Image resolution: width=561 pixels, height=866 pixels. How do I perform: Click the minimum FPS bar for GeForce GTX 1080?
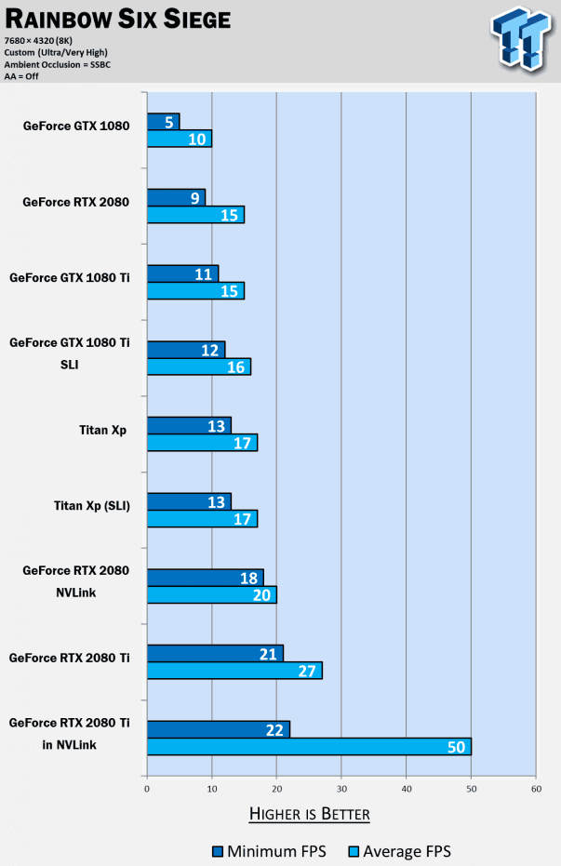tap(163, 121)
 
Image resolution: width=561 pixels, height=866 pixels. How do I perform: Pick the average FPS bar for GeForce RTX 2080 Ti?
tap(234, 671)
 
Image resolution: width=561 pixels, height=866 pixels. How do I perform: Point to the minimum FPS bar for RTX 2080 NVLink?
tap(205, 577)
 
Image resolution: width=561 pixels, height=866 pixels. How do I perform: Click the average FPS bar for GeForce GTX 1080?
tap(179, 139)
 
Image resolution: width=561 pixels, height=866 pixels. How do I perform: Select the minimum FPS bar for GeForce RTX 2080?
tap(176, 197)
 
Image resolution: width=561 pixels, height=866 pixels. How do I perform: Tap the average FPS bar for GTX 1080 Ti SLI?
tap(198, 366)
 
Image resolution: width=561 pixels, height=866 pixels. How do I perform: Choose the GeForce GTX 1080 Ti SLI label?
tap(70, 353)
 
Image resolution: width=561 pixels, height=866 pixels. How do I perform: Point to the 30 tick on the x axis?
tap(341, 789)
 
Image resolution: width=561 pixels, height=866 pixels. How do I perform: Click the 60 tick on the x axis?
tap(535, 789)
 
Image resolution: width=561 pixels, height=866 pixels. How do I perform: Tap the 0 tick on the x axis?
tap(147, 789)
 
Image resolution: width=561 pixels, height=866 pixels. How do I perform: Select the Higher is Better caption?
tap(310, 815)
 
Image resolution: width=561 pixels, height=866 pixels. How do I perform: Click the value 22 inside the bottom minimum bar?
tap(274, 729)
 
